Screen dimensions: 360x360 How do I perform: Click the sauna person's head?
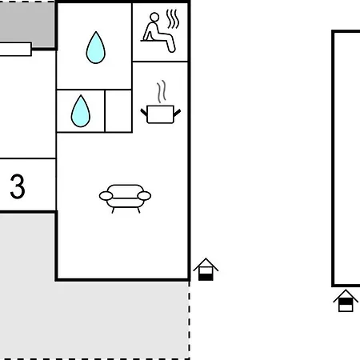point(154,17)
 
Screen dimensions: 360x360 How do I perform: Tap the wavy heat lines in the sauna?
point(173,18)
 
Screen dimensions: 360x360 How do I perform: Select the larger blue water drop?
point(96,48)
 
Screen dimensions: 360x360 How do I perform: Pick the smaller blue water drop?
point(81,111)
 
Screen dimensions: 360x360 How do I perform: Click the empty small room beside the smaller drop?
point(118,111)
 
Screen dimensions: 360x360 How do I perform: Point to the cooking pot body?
point(160,114)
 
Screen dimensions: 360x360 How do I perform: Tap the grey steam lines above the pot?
point(162,91)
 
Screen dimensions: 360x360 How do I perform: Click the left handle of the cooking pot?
point(144,112)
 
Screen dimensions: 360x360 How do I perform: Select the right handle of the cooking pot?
point(177,113)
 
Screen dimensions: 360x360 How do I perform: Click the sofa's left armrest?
point(106,196)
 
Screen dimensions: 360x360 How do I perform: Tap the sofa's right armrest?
point(144,196)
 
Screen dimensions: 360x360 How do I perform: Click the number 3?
point(18,186)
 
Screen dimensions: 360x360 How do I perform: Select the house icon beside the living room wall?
point(206,270)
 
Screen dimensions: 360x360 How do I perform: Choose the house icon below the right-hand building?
point(346,301)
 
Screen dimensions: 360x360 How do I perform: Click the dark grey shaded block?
point(27,22)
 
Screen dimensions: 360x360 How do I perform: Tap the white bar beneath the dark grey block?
point(15,49)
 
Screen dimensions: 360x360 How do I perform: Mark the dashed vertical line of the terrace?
point(190,320)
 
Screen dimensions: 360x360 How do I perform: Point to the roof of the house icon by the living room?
point(206,264)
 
